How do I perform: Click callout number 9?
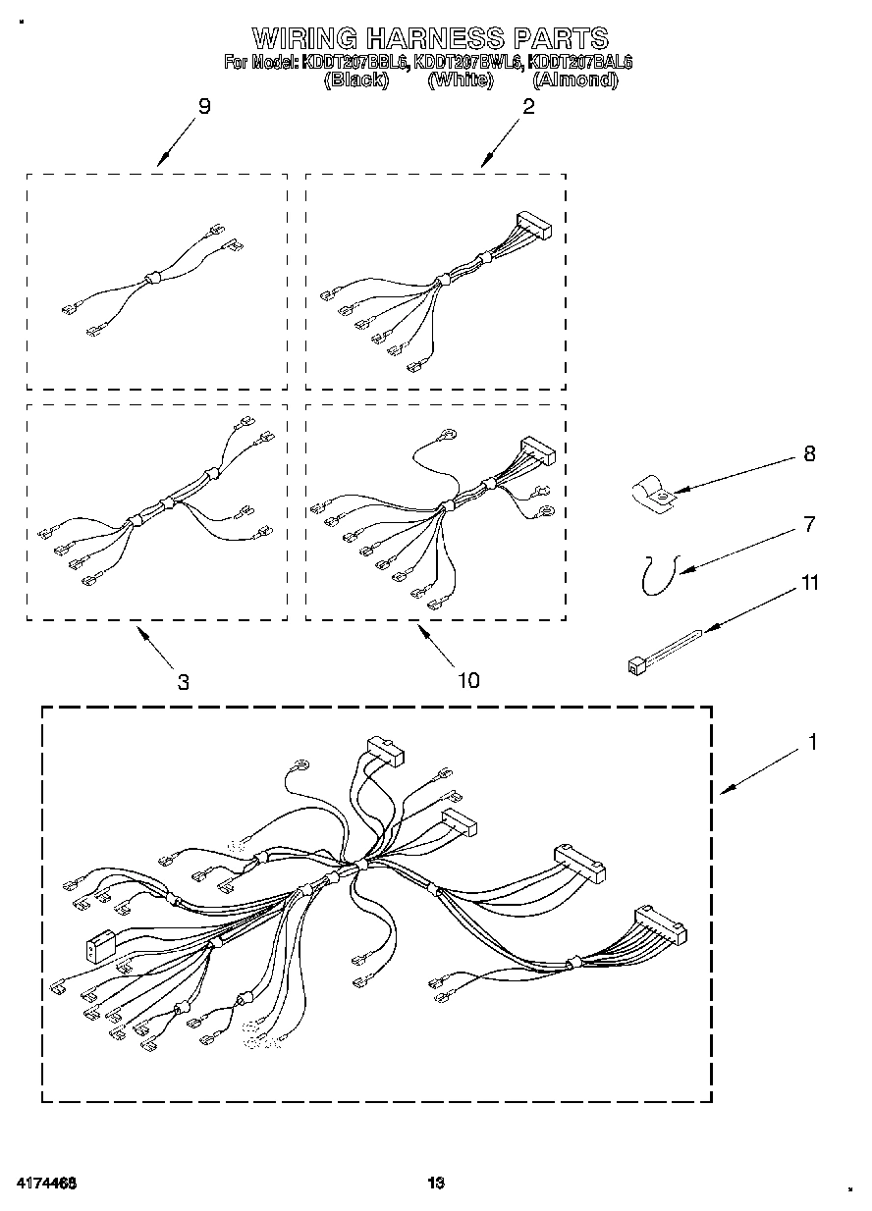pos(204,106)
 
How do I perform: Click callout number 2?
pos(528,106)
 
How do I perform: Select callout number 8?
pos(809,453)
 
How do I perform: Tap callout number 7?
pos(809,524)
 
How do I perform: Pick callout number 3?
pos(184,682)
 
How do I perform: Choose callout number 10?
pos(468,679)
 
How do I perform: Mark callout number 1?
pos(812,742)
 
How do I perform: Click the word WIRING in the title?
pos(304,38)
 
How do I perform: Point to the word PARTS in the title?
pos(561,38)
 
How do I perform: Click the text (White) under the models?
pos(460,80)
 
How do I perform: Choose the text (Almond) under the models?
pos(574,80)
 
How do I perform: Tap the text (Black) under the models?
pos(356,80)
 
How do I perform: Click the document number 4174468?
pos(47,1183)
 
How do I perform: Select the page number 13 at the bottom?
pos(435,1183)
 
